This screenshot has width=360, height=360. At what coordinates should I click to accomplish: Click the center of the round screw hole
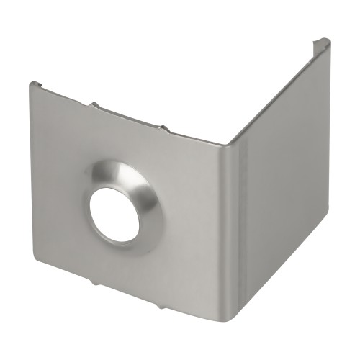[114, 214]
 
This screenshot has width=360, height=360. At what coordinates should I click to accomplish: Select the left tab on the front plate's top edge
[94, 105]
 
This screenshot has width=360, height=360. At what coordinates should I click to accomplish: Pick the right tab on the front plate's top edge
[165, 129]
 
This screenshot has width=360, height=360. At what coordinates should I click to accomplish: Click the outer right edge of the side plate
[327, 144]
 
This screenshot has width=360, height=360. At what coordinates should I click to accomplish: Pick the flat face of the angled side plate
[281, 187]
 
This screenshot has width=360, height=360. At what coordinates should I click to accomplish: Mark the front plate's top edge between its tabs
[130, 117]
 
